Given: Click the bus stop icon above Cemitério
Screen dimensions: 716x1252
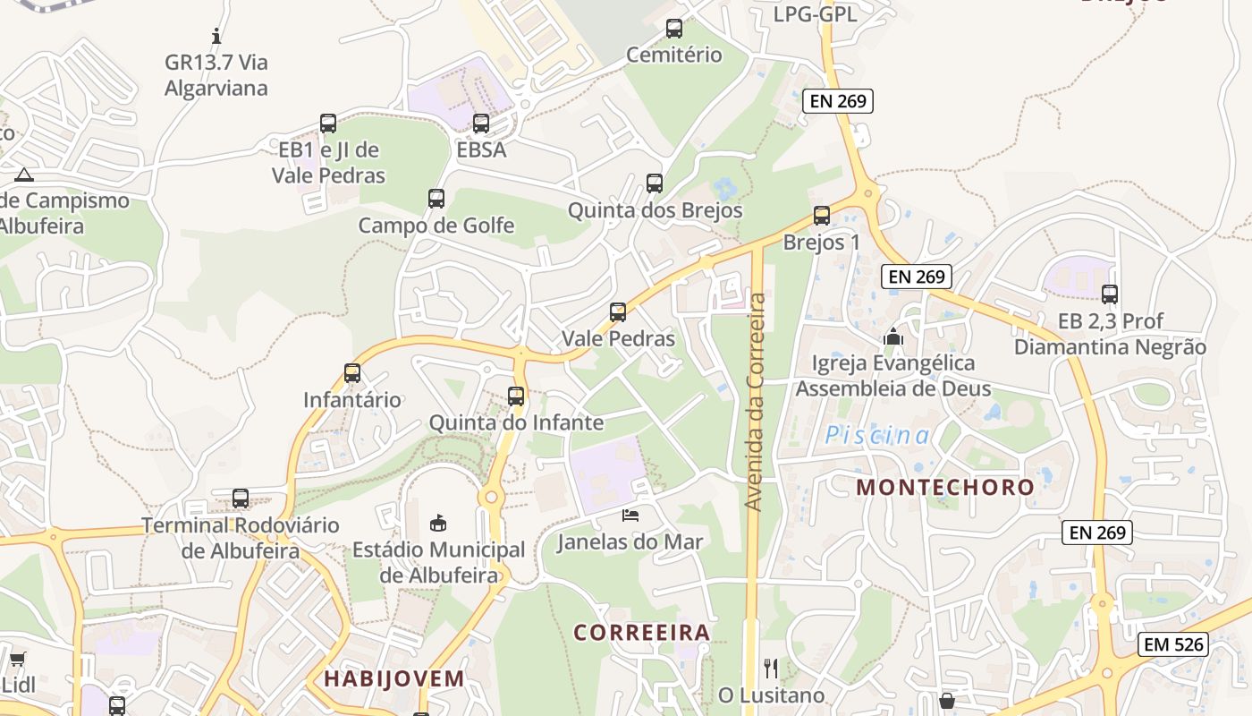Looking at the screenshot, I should (674, 29).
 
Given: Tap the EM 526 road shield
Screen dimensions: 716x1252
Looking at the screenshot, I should (1174, 644).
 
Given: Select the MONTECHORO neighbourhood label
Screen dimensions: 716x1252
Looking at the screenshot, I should (945, 488).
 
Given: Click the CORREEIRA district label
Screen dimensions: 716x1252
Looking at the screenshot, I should (641, 633).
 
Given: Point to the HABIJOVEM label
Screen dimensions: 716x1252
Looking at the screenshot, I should (394, 678).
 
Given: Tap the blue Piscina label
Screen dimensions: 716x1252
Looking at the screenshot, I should (876, 436).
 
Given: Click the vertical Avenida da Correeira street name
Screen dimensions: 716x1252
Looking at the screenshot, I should (757, 402).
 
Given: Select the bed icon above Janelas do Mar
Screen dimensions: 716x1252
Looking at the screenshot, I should (630, 516).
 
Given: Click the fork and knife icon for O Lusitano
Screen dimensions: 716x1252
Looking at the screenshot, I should (771, 668).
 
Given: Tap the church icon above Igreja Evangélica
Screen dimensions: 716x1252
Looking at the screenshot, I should (892, 337).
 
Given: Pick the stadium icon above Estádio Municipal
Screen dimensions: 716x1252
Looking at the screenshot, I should (438, 523).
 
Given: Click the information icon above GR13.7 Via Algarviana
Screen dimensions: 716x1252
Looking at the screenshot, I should (216, 36).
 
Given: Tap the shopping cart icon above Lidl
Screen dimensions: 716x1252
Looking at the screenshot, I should (17, 661).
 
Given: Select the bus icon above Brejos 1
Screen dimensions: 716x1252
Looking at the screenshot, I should (822, 216).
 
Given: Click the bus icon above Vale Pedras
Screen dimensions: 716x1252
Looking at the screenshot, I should (618, 312).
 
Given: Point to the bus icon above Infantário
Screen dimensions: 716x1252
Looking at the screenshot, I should (352, 373).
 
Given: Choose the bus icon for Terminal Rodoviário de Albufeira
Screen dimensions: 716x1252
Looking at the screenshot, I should (241, 499).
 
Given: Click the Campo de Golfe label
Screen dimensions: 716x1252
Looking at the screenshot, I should (436, 226).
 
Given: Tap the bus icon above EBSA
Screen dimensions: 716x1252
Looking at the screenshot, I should (481, 124).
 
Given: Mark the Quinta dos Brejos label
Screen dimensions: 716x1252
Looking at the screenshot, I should (656, 211).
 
